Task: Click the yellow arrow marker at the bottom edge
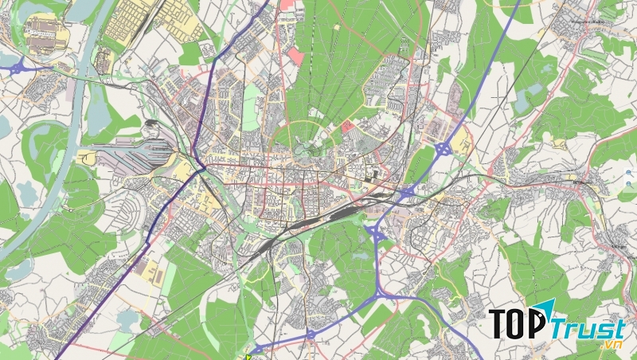point(248,355)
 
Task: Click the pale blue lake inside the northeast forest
point(525,100)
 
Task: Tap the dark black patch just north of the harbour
point(151,126)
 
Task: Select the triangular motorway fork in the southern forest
point(373,236)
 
